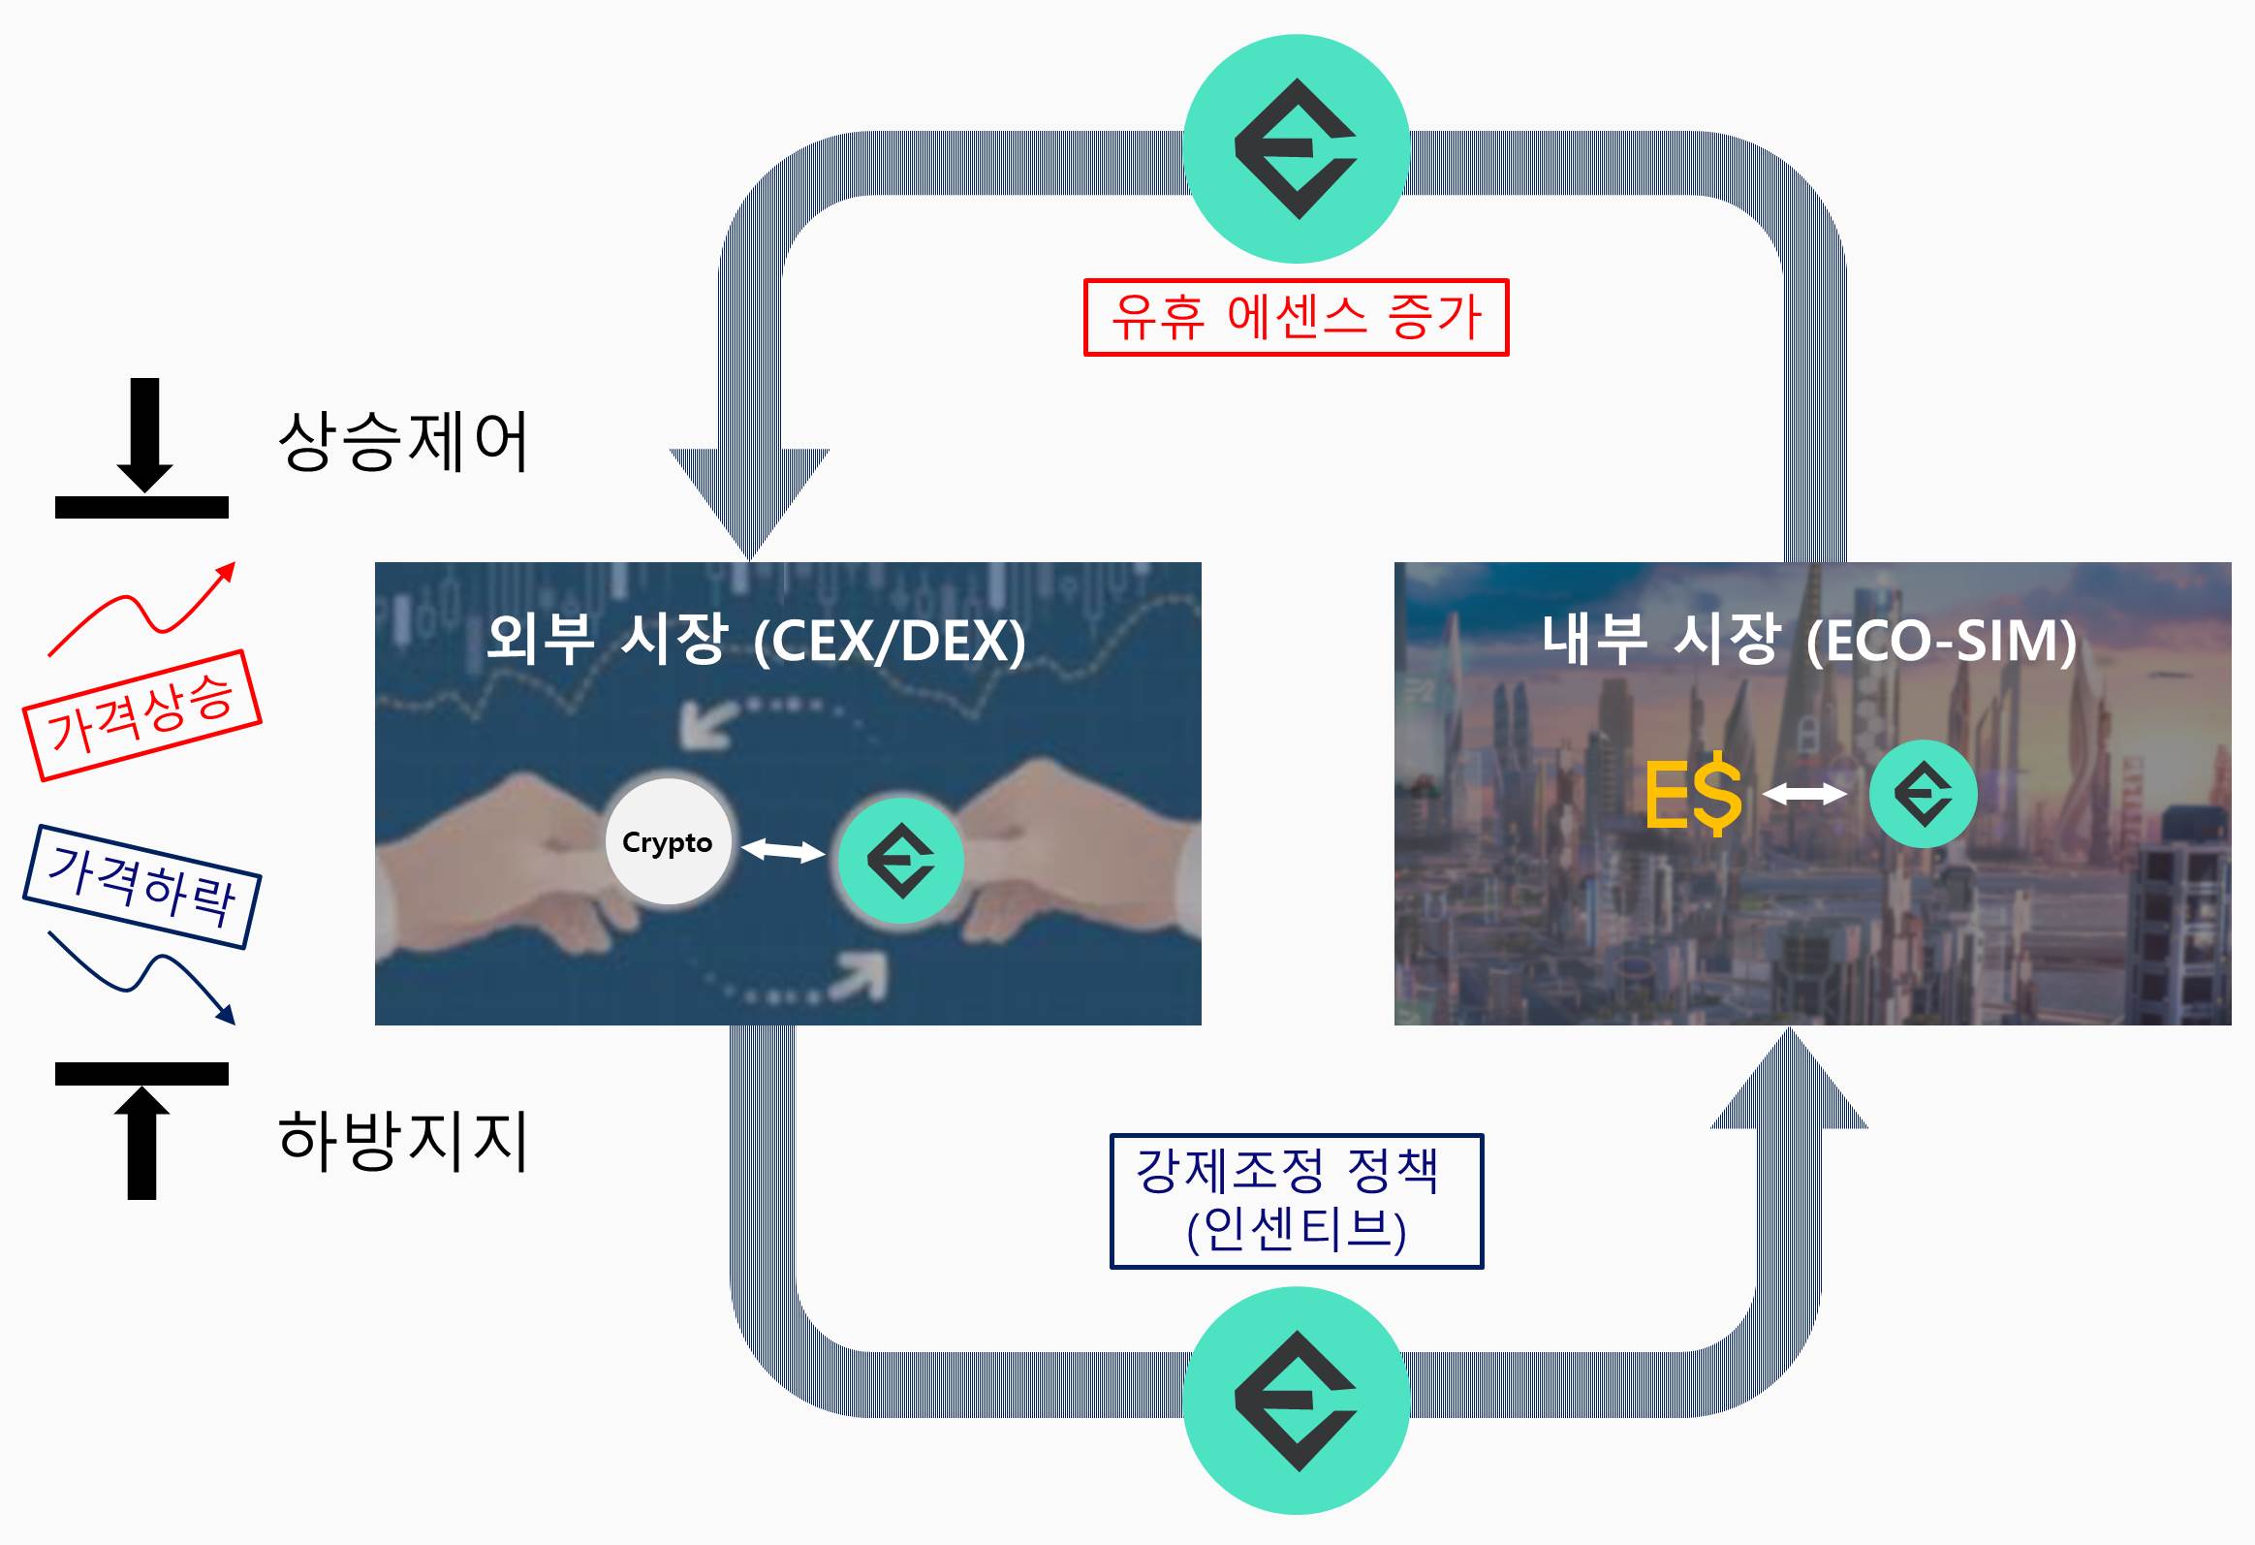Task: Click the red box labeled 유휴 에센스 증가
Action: click(1296, 317)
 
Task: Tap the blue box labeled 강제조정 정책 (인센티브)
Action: click(1297, 1201)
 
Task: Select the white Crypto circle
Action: click(668, 841)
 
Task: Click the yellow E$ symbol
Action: click(1693, 795)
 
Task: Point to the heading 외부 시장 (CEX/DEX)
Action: click(755, 640)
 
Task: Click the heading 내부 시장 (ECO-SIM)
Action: click(1808, 640)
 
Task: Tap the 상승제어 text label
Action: click(403, 442)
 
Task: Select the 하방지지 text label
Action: click(403, 1139)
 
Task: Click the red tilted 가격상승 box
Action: click(141, 715)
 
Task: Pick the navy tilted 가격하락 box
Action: click(141, 886)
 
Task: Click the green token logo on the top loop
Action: click(1296, 148)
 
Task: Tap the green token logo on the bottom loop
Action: click(1296, 1401)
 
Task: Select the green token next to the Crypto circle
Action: click(900, 861)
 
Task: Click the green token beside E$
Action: click(1923, 794)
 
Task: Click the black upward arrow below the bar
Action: click(141, 1142)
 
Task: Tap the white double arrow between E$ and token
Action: click(1804, 794)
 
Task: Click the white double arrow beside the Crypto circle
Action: click(783, 851)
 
